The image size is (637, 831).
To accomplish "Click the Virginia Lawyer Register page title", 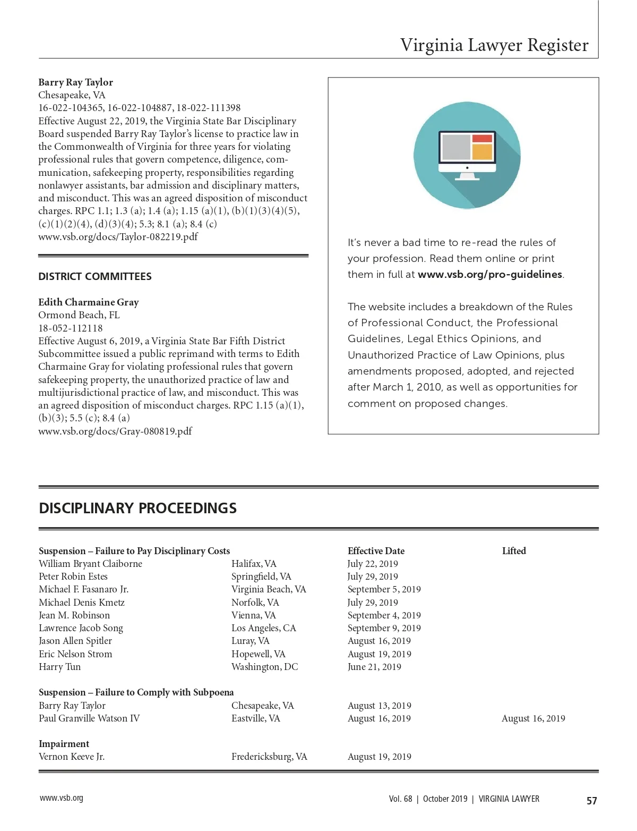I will tap(494, 45).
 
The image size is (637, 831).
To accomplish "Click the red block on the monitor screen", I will tap(482, 139).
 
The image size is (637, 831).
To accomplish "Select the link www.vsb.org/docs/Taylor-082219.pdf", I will tap(118, 237).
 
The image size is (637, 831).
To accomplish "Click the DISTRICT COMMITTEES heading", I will tap(95, 276).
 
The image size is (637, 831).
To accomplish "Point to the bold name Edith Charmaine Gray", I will tap(89, 302).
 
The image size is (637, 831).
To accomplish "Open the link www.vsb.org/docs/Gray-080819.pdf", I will tap(115, 431).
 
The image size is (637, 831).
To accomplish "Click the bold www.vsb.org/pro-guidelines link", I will tap(489, 275).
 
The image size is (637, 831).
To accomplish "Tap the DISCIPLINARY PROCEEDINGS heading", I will tap(138, 508).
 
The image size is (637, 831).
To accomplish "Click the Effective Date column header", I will tap(376, 551).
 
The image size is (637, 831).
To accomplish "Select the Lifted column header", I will tap(514, 551).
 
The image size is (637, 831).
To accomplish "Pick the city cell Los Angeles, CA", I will tap(263, 628).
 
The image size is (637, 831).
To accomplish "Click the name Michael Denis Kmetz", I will tap(82, 603).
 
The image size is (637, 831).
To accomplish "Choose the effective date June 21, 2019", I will tap(374, 667).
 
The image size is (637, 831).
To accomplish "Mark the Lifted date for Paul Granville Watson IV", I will tap(533, 718).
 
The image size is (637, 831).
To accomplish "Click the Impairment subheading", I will tap(64, 744).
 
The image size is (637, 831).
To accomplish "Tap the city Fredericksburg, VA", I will tap(269, 757).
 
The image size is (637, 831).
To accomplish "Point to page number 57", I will tap(591, 801).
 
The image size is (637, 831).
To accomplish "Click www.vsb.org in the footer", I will tap(61, 798).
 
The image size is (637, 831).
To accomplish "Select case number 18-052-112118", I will tap(71, 328).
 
